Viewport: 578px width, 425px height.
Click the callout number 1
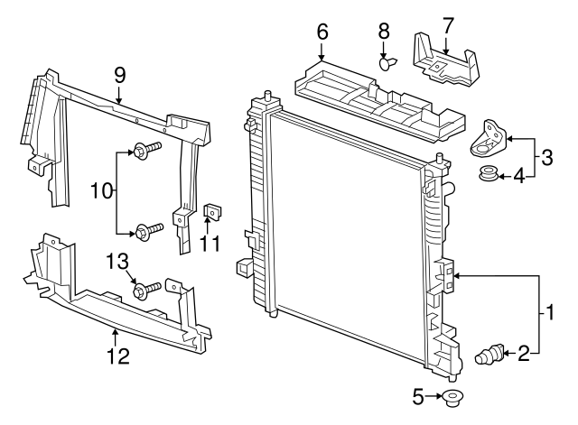coord(547,315)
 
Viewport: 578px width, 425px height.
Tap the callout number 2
coord(523,353)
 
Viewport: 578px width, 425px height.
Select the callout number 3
coord(547,159)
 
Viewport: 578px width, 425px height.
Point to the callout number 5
coord(417,396)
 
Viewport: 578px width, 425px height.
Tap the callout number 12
coord(118,356)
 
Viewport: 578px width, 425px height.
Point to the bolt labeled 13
coord(146,290)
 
